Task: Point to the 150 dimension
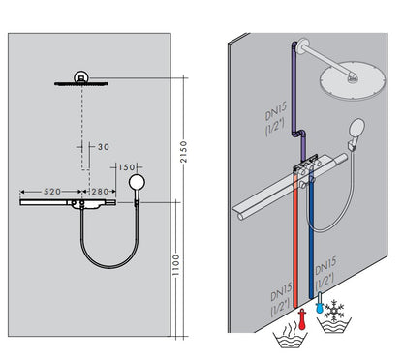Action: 127,166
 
